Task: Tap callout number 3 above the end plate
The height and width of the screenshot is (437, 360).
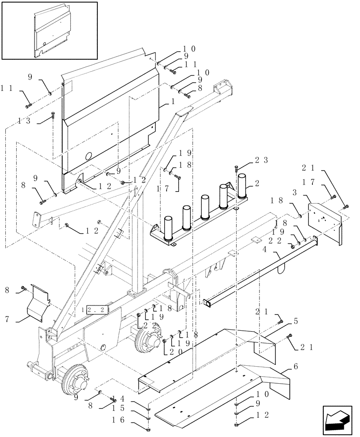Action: pos(307,192)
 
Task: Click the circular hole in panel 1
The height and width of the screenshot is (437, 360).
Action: pos(89,156)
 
